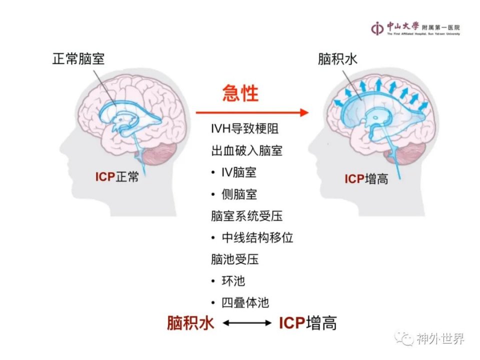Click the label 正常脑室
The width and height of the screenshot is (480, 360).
(78, 59)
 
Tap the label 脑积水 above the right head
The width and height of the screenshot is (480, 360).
(337, 59)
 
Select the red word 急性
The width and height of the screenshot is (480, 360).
(240, 93)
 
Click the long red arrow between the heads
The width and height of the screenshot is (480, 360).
(252, 112)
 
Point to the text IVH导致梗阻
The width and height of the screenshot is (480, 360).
(245, 128)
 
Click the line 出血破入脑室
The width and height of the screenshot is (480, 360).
(246, 150)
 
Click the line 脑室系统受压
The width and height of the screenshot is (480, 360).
(246, 216)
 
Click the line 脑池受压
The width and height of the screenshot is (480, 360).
(235, 259)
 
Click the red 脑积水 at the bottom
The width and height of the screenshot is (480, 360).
(190, 322)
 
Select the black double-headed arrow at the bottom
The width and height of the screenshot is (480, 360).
(246, 323)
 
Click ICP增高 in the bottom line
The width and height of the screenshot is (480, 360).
(308, 323)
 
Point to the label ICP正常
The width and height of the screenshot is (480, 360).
(117, 177)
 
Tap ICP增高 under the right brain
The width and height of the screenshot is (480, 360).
(366, 179)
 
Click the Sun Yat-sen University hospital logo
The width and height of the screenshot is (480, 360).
(415, 28)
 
